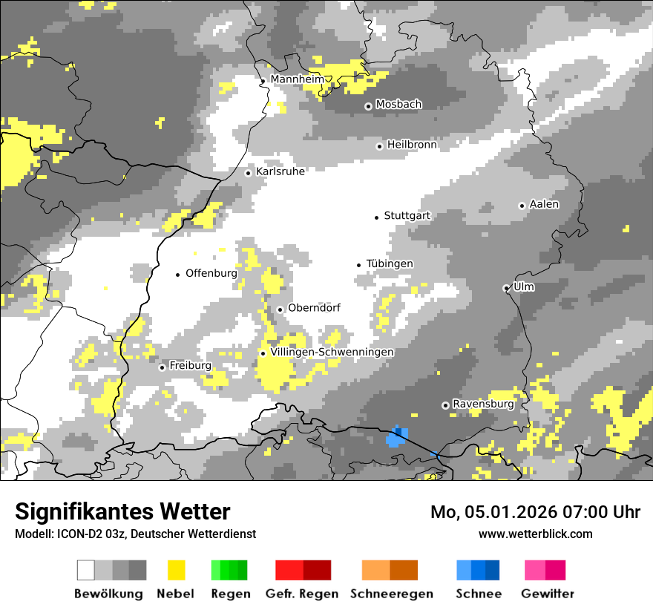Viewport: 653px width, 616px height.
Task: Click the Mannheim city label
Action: pyautogui.click(x=297, y=79)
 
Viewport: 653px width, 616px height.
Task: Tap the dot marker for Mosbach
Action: pyautogui.click(x=368, y=106)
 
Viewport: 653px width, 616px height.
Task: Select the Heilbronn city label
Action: pyautogui.click(x=412, y=145)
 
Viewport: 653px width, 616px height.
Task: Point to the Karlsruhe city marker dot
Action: pyautogui.click(x=249, y=173)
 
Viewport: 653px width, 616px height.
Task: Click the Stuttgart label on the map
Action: pyautogui.click(x=407, y=216)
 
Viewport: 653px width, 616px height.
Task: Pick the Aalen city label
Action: pyautogui.click(x=544, y=204)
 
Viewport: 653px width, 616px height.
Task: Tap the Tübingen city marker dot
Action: pyautogui.click(x=359, y=265)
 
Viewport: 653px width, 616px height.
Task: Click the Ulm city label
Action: pyautogui.click(x=524, y=286)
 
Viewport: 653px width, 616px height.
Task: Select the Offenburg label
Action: pyautogui.click(x=211, y=273)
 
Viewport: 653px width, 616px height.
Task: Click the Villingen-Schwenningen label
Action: pyautogui.click(x=332, y=352)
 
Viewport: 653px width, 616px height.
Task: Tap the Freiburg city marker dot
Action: pyautogui.click(x=162, y=367)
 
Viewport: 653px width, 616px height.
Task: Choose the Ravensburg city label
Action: pyautogui.click(x=483, y=404)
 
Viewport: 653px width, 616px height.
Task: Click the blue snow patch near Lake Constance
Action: pyautogui.click(x=396, y=438)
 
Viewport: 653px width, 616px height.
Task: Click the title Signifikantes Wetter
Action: pyautogui.click(x=122, y=511)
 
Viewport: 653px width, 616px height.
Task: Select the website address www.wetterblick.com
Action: pyautogui.click(x=535, y=534)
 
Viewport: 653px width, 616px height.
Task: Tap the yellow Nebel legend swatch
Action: pyautogui.click(x=176, y=570)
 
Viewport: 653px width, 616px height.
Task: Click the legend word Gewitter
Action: pyautogui.click(x=548, y=594)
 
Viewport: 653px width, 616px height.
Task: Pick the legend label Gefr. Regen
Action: pyautogui.click(x=302, y=594)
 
